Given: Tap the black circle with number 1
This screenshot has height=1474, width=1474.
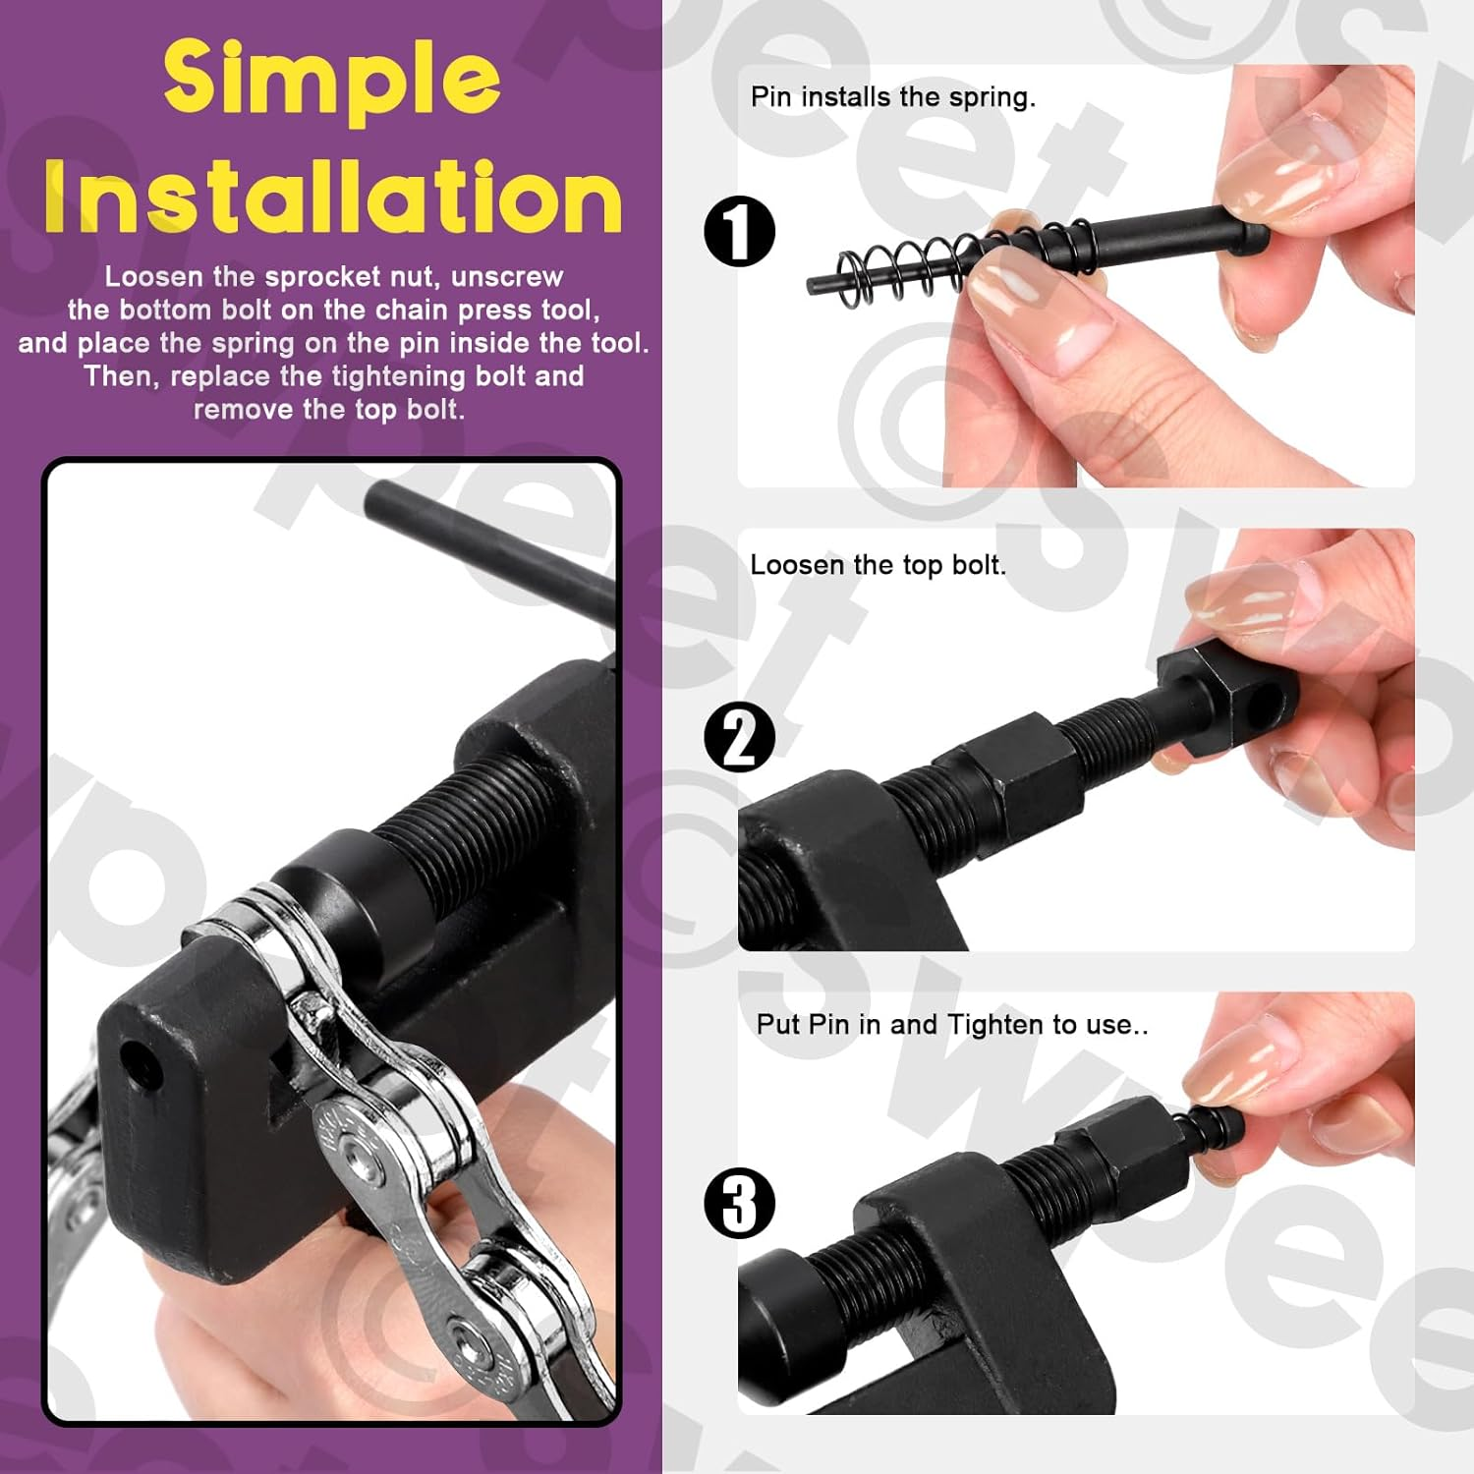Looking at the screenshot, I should (x=740, y=232).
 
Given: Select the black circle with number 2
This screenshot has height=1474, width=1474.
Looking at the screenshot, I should (x=740, y=737).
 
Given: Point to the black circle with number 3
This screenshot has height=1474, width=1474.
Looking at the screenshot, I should (x=740, y=1203).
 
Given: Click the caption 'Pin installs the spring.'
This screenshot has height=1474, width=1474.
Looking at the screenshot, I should (x=892, y=97).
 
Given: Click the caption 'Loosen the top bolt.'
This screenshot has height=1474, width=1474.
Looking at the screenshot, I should (x=878, y=565).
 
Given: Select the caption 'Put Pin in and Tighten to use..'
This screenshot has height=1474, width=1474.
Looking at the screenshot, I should (x=951, y=1025).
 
